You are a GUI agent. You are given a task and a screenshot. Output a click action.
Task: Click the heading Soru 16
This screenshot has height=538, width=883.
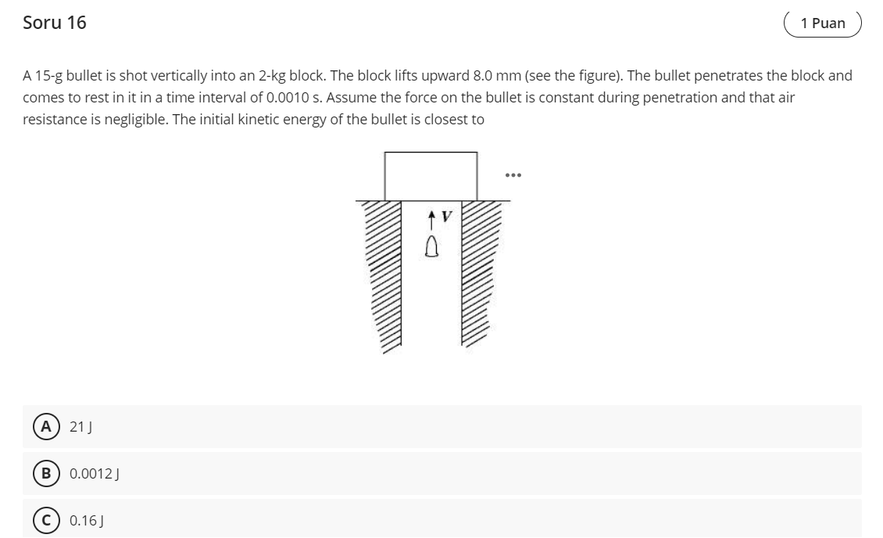[x=55, y=23]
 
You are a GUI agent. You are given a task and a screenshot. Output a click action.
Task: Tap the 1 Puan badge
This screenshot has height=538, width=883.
[x=822, y=23]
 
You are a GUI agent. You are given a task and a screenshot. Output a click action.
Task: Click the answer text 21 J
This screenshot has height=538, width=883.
[x=81, y=426]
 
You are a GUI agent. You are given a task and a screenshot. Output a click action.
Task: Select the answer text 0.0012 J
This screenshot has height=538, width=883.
[x=93, y=473]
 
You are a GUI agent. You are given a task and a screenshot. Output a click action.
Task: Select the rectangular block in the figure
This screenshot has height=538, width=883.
[x=431, y=176]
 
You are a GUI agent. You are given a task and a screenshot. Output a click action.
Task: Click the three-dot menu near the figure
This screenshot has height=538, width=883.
[x=513, y=174]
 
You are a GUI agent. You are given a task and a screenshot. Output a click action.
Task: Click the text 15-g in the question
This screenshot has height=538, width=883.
[x=48, y=76]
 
